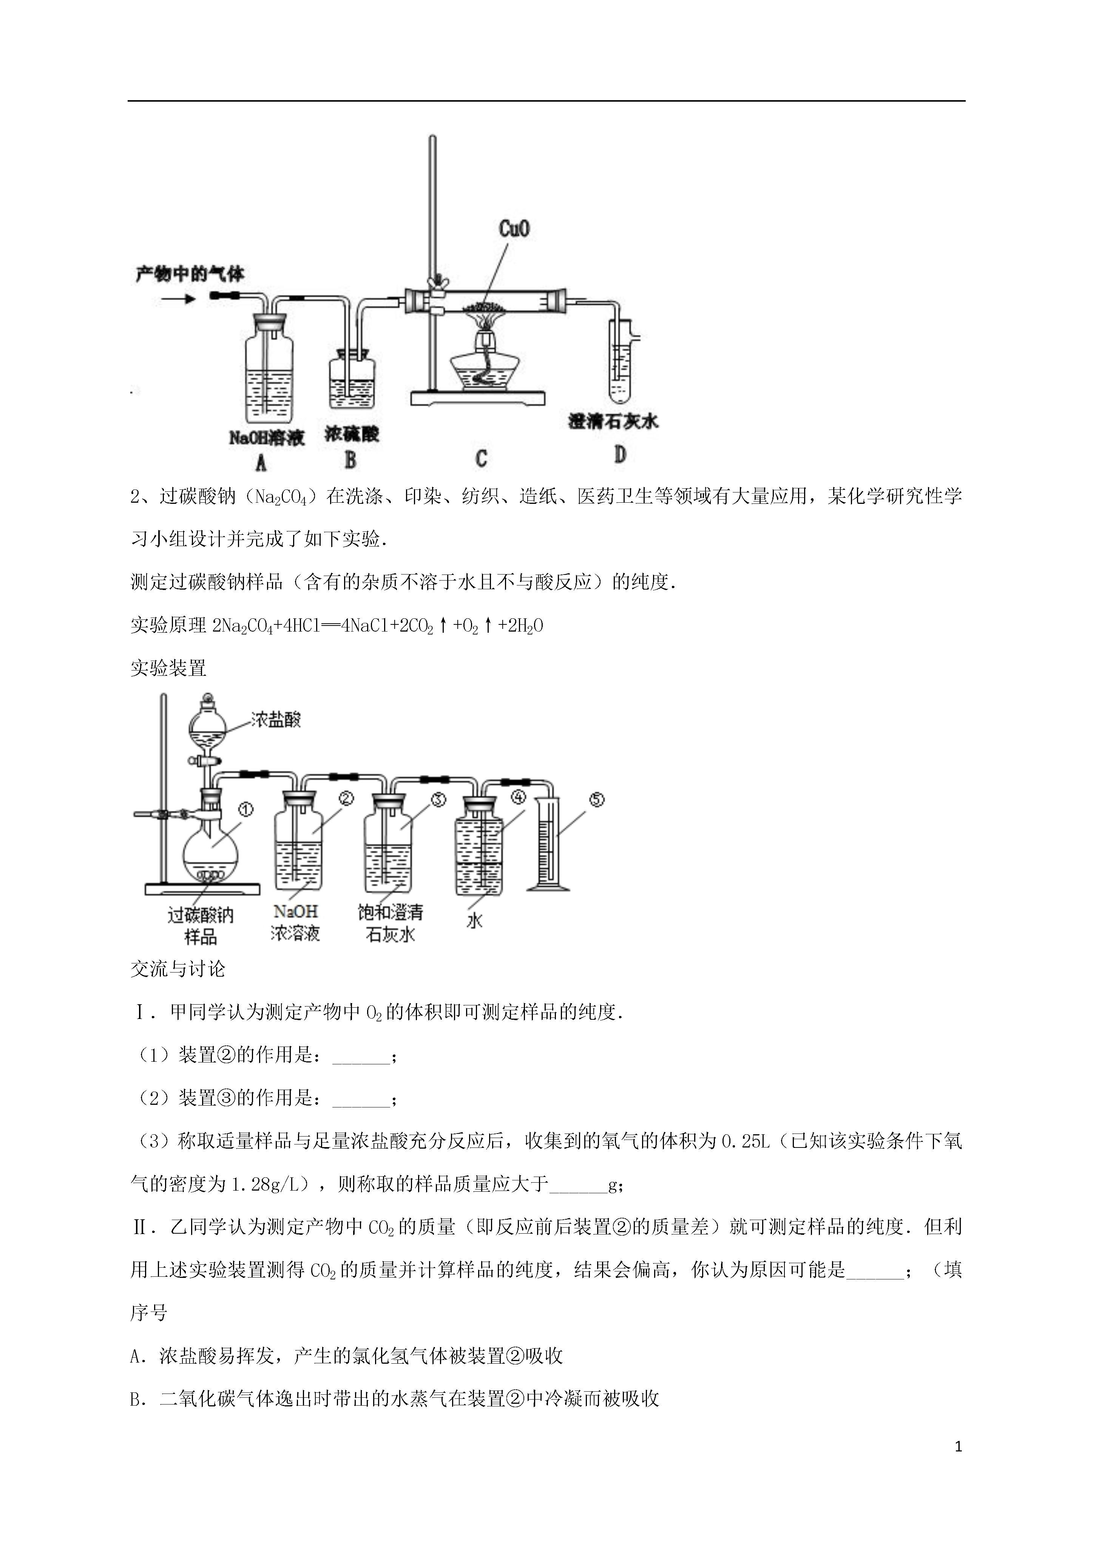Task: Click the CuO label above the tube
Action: pyautogui.click(x=514, y=229)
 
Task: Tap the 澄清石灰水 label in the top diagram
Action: pyautogui.click(x=613, y=422)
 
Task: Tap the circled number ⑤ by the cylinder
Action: pyautogui.click(x=597, y=800)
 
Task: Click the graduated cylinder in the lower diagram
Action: pyautogui.click(x=548, y=844)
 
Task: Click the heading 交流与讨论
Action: pyautogui.click(x=178, y=969)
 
